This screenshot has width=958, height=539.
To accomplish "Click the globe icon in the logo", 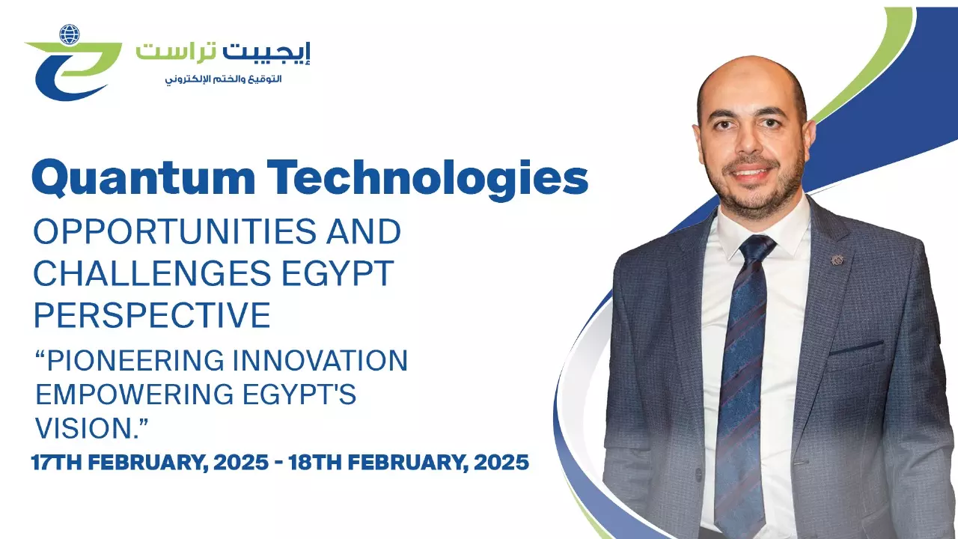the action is [70, 34].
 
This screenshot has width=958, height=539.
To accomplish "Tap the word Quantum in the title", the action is [143, 177].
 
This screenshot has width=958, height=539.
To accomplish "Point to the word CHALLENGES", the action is [152, 273].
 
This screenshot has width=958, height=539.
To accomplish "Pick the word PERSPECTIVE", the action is [152, 315].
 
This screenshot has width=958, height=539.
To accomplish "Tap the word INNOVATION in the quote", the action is [320, 360].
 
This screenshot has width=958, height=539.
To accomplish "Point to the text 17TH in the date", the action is [56, 463].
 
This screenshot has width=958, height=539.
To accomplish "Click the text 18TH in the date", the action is [314, 463].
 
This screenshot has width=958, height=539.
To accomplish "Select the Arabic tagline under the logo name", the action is [223, 79].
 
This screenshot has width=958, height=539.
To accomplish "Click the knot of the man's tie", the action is [757, 248].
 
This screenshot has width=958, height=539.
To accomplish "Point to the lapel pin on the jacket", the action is [837, 259].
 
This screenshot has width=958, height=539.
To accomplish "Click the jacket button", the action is [699, 474].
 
